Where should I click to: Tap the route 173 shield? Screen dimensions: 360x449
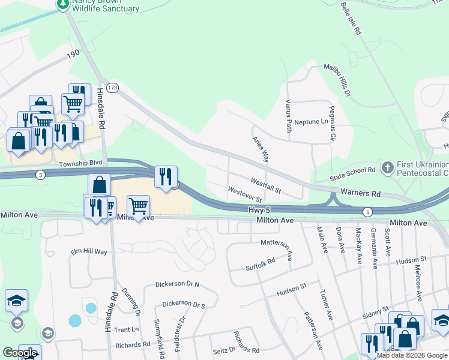113,88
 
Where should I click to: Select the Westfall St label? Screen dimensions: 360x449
266,185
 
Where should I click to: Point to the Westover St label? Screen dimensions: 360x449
245,194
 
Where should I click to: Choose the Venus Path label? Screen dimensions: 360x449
289,116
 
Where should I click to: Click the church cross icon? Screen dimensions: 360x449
388,167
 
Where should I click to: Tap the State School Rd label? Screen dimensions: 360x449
353,175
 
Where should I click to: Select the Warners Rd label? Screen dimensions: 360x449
360,194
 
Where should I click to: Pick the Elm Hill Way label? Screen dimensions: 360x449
88,252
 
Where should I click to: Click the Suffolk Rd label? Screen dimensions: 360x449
260,264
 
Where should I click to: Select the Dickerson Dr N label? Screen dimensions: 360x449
176,284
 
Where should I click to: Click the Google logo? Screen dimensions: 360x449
20,353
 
